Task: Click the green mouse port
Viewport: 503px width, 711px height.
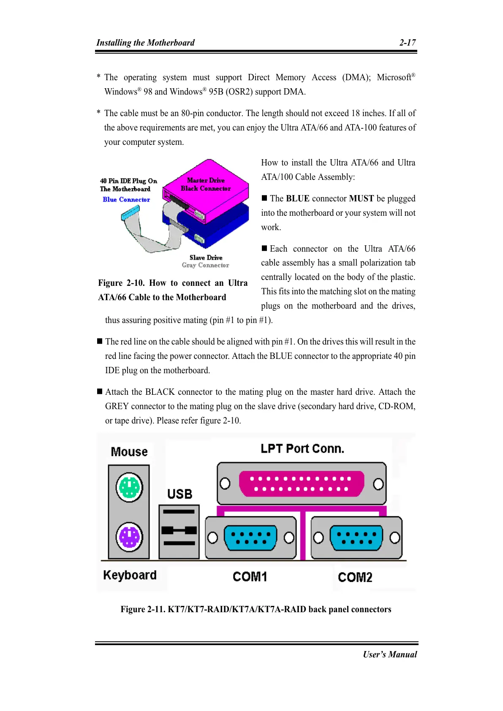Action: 129,488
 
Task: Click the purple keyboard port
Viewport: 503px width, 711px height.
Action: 129,537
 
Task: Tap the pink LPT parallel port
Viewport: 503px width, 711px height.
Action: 301,484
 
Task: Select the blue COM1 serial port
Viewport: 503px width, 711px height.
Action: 250,538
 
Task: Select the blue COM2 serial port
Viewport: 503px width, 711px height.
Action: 356,538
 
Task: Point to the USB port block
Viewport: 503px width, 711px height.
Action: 179,531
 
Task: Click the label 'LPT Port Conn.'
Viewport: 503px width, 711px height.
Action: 302,448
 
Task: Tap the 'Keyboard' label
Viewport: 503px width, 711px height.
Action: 130,575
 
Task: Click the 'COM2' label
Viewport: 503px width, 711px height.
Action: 355,577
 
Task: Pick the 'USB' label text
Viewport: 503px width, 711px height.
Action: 179,494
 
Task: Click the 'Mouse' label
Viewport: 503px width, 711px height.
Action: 129,452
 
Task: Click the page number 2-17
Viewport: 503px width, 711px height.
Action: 408,43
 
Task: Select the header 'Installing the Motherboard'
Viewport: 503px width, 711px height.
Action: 145,43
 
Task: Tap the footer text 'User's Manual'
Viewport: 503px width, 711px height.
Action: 390,654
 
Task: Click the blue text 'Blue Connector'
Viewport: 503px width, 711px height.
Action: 126,200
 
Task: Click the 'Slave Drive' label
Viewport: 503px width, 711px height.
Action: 206,258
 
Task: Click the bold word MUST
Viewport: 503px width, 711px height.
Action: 362,198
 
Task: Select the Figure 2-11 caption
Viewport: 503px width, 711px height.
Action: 256,609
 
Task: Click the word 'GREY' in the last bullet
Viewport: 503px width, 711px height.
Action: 117,406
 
